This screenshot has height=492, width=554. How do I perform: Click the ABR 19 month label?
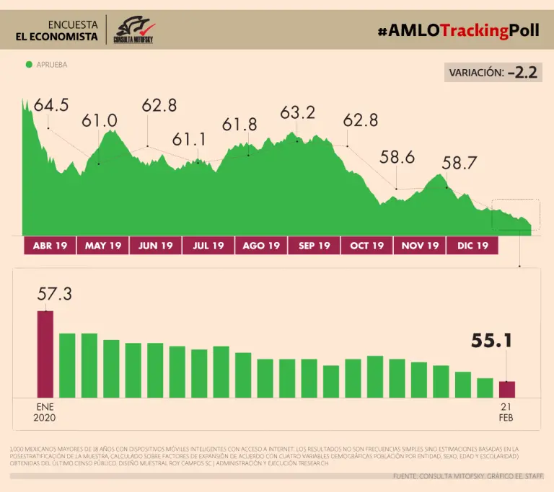tap(50, 246)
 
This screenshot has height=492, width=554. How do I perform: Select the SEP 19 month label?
tap(314, 246)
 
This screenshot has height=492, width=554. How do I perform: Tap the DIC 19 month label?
tap(472, 246)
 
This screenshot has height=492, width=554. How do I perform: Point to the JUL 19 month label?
tap(208, 246)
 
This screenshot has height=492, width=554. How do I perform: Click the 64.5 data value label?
tap(51, 105)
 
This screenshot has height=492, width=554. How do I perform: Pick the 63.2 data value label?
tap(298, 113)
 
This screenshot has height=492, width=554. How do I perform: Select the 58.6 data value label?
tap(397, 157)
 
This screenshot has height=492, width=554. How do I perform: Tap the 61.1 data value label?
tap(189, 139)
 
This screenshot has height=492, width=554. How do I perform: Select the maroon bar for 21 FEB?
tap(507, 389)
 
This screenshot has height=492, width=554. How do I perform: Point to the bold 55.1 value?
tap(492, 340)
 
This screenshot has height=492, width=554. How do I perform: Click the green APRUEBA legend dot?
tap(29, 65)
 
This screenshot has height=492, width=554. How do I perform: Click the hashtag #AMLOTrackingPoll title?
tap(459, 30)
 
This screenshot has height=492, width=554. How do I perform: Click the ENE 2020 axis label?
tap(44, 412)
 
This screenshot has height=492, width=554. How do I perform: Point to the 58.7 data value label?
tap(460, 164)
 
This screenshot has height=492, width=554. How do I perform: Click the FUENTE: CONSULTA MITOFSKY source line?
tap(467, 476)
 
